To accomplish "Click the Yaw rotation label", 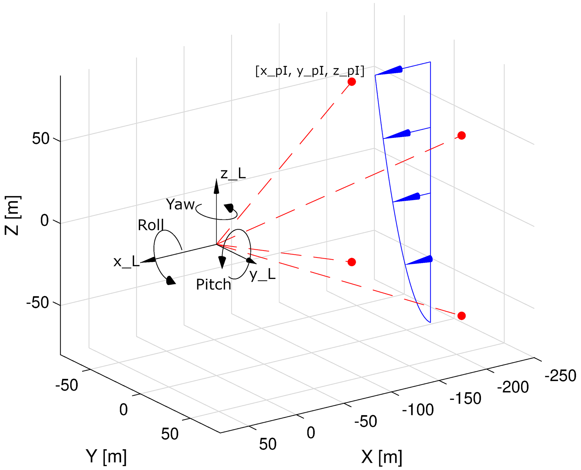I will [x=180, y=205].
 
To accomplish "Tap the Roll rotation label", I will [x=151, y=225].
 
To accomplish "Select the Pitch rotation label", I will [x=213, y=285].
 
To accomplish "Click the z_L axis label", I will [x=233, y=174].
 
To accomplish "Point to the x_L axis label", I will [x=126, y=262].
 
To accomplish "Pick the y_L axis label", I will [x=263, y=274].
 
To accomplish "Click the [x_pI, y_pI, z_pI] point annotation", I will [x=309, y=71].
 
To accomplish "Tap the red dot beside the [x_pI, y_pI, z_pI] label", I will [x=352, y=82].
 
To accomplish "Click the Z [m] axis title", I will [x=13, y=216].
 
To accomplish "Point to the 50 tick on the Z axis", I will [x=41, y=139].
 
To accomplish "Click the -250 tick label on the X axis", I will [x=560, y=376].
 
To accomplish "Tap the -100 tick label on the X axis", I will [x=418, y=410].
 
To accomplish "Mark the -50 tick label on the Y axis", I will [x=67, y=385].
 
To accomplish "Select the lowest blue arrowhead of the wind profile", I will [x=420, y=260].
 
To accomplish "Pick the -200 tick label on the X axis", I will [x=513, y=387].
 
